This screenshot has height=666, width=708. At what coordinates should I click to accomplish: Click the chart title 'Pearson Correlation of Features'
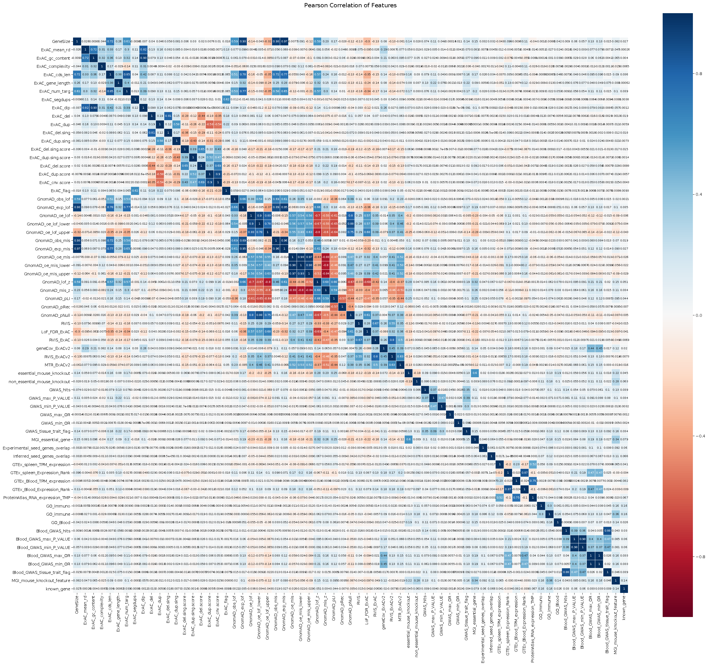[x=350, y=5]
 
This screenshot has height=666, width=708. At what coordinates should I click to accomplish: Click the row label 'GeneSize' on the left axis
[x=61, y=42]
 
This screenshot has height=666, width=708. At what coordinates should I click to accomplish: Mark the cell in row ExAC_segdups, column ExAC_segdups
[x=135, y=100]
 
